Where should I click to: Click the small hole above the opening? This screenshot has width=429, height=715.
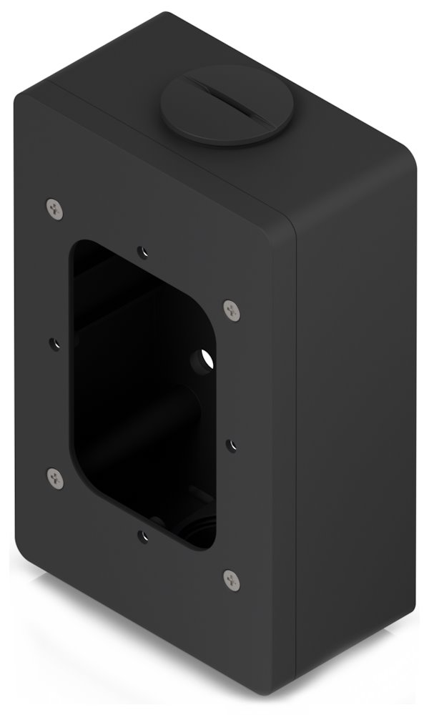point(144,252)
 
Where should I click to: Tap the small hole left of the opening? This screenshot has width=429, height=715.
point(54,342)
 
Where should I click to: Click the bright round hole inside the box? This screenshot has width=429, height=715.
point(204,357)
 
